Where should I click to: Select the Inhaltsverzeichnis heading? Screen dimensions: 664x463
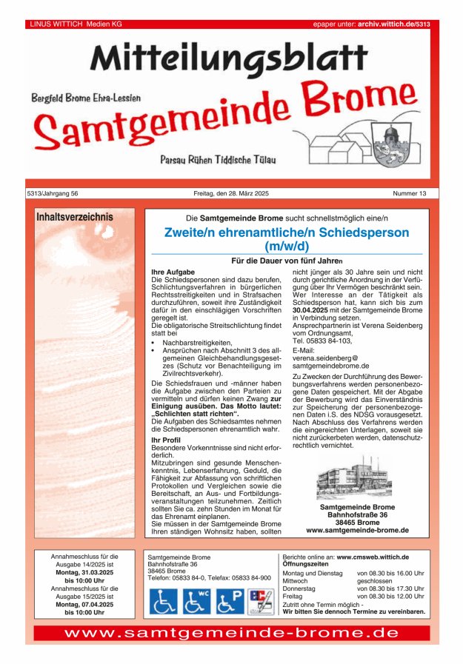[x=74, y=218]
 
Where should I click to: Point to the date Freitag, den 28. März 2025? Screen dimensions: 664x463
[x=231, y=193]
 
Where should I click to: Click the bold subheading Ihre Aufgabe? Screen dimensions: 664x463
[x=173, y=272]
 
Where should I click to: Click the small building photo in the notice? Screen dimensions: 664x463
[x=353, y=480]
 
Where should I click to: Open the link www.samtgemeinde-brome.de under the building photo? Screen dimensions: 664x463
[x=357, y=530]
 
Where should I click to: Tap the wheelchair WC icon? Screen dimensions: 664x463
[x=196, y=601]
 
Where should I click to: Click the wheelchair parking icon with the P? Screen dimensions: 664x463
[x=230, y=601]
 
